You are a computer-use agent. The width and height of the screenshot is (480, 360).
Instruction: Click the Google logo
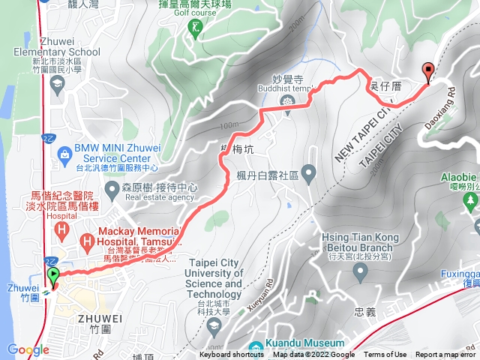pyautogui.click(x=28, y=349)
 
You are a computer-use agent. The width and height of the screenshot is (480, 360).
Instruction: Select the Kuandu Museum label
pyautogui.click(x=295, y=346)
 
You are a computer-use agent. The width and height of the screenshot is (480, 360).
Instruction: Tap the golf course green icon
pyautogui.click(x=196, y=28)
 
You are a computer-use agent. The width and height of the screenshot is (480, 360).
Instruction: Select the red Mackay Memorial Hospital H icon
pyautogui.click(x=88, y=241)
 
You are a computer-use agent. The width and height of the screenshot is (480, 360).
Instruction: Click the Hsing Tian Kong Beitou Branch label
pyautogui.click(x=358, y=242)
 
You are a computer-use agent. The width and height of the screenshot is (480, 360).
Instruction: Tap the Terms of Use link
pyautogui.click(x=385, y=355)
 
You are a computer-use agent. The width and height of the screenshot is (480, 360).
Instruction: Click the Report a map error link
pyautogui.click(x=445, y=355)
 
